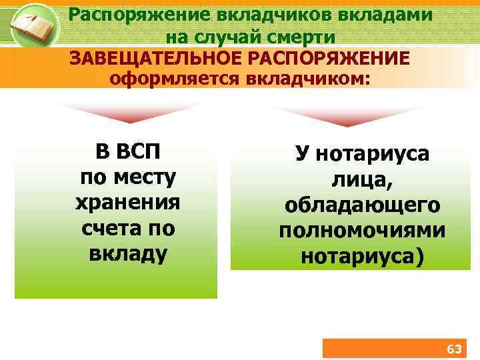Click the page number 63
[453, 349]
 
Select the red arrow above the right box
[347, 115]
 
